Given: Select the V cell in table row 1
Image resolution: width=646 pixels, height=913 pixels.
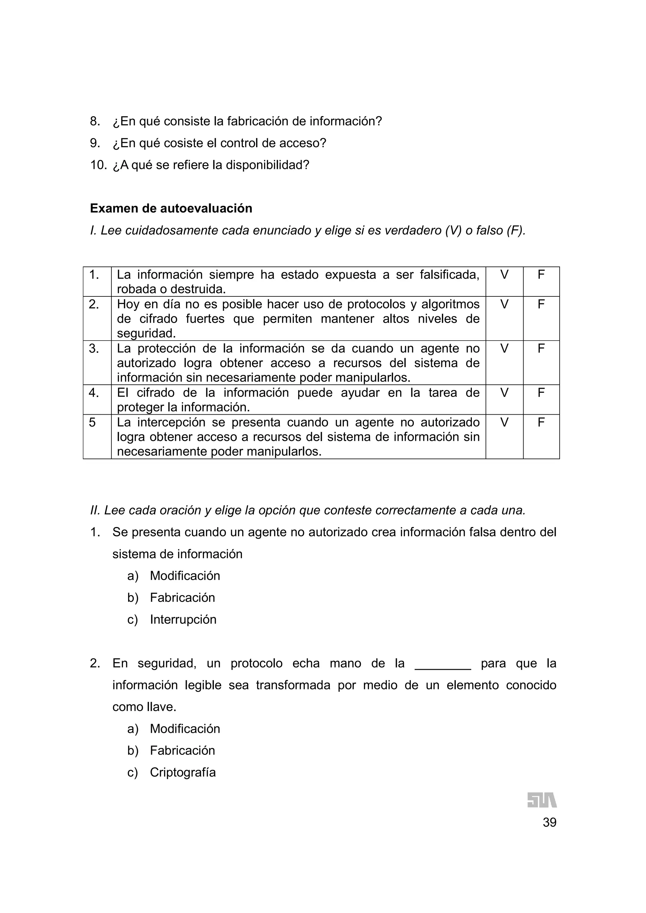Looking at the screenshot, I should [504, 274].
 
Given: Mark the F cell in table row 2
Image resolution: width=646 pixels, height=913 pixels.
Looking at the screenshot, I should [541, 304].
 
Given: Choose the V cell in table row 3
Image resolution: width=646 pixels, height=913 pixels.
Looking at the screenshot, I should [504, 348].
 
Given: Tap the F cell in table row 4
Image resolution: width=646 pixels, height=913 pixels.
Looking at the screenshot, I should [541, 393].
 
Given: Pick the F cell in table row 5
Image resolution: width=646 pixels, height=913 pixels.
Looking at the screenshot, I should [541, 422].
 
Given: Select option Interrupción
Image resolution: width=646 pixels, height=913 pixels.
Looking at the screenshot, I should [183, 619].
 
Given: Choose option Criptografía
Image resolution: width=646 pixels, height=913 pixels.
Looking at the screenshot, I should [183, 772].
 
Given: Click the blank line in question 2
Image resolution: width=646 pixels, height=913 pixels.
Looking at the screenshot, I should [443, 668].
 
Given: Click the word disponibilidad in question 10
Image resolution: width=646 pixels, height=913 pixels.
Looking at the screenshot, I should [267, 165].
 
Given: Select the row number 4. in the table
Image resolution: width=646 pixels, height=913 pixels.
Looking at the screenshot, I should [94, 393].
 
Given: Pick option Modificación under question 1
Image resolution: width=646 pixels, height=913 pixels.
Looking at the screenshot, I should [185, 576].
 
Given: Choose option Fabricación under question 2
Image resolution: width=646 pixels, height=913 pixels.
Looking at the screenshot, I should [182, 750].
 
